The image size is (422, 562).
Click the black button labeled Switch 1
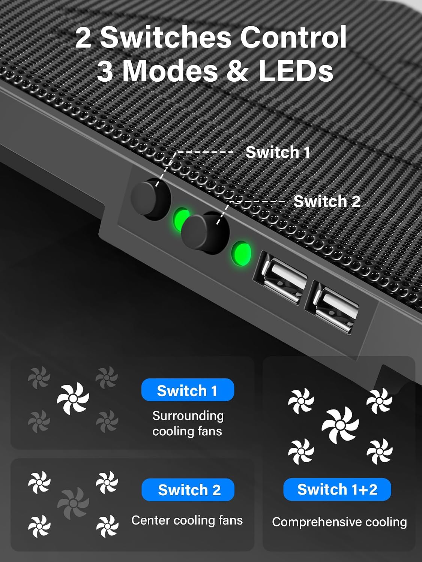tap(151, 199)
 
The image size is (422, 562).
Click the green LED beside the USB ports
tap(241, 253)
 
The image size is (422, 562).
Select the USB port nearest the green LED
tap(281, 278)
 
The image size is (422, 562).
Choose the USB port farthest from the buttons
tap(332, 307)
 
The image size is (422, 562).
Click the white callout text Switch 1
tap(278, 152)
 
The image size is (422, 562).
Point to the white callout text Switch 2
tap(327, 201)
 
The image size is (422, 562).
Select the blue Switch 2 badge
tap(188, 490)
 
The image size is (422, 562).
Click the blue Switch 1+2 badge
tap(337, 490)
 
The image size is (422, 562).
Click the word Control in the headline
tap(293, 37)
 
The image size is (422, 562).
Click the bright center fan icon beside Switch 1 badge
tap(73, 398)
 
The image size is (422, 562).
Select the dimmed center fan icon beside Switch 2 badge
tap(73, 504)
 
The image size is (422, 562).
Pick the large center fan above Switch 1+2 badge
tap(340, 425)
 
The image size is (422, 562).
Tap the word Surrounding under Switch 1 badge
tap(188, 416)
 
